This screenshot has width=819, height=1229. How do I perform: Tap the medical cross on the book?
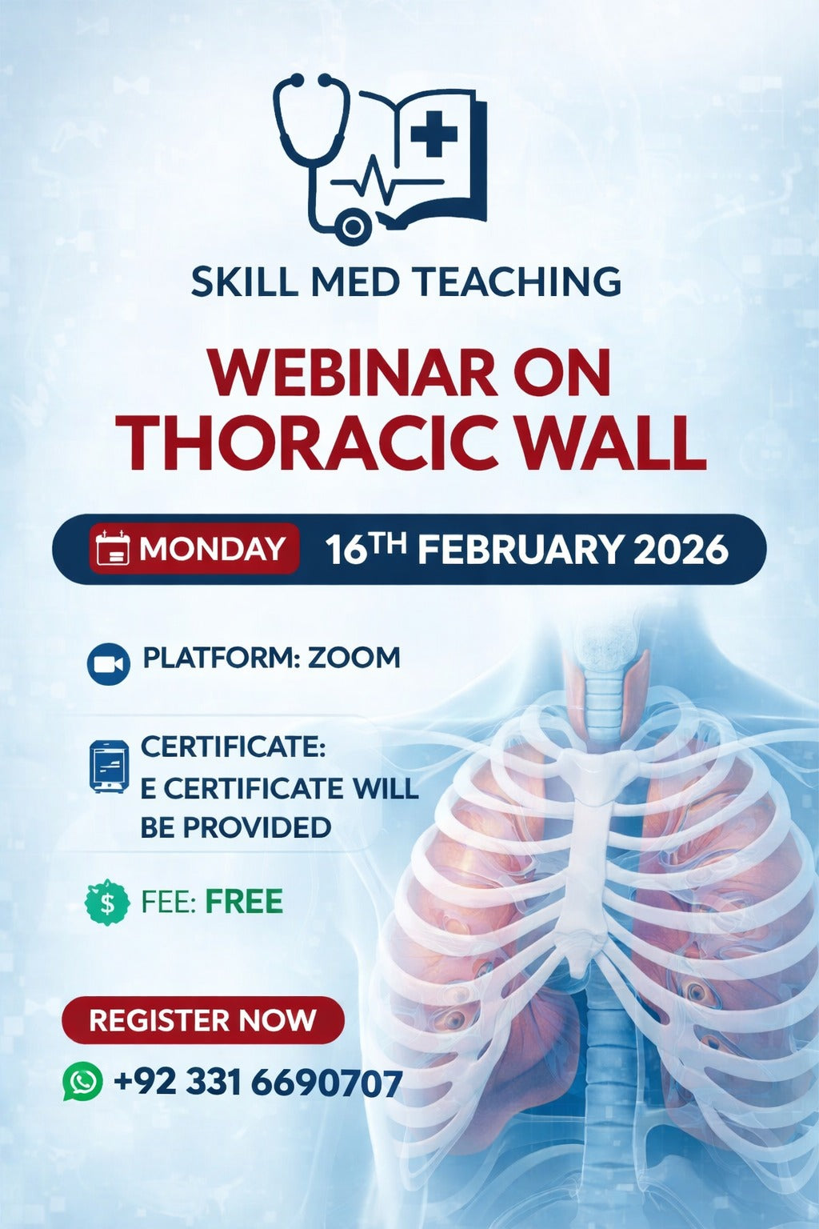[433, 133]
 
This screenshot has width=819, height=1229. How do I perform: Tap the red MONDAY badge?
[194, 549]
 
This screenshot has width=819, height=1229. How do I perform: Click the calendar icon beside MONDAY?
[112, 550]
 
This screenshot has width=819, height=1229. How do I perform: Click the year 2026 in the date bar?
[681, 550]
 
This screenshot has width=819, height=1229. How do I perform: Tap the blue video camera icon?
[108, 664]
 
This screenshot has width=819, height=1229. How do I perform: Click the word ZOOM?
[354, 658]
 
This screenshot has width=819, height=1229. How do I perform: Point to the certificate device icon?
[109, 767]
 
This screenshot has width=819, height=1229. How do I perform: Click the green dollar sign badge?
[106, 903]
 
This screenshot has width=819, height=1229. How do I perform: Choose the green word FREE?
[244, 902]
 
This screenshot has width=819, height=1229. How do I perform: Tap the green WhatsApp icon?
[83, 1083]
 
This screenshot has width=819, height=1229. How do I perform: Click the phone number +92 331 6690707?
[258, 1083]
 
